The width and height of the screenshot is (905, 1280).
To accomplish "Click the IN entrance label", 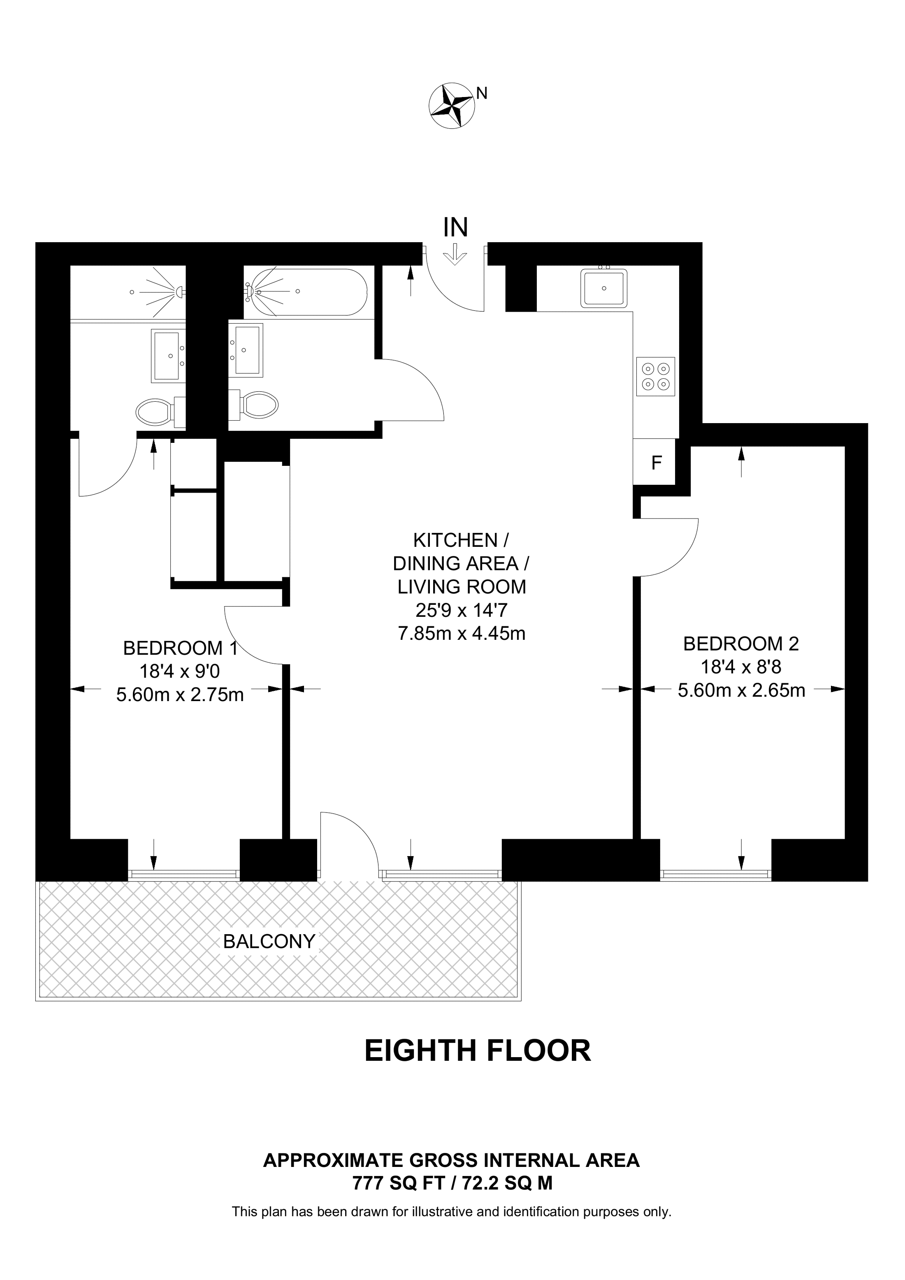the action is tap(455, 227).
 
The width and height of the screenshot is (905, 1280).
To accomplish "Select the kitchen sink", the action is tap(604, 288).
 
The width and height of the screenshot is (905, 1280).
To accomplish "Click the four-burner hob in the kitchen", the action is tap(656, 376).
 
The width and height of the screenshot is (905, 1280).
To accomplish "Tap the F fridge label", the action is tap(657, 463).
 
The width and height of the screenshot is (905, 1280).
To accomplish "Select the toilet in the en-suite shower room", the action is tap(160, 412).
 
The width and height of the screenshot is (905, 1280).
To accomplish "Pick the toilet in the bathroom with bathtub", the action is tap(254, 404).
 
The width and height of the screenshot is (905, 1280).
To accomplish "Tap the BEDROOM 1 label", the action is tap(181, 648).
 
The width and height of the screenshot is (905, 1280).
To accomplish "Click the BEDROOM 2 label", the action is tap(741, 644).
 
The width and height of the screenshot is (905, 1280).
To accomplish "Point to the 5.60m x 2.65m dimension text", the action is tap(742, 691).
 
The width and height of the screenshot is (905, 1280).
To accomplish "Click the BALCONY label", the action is tap(269, 942).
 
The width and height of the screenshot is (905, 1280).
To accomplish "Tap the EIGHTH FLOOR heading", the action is tap(478, 1051).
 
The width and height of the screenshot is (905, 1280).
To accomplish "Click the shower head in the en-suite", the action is tap(179, 291).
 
